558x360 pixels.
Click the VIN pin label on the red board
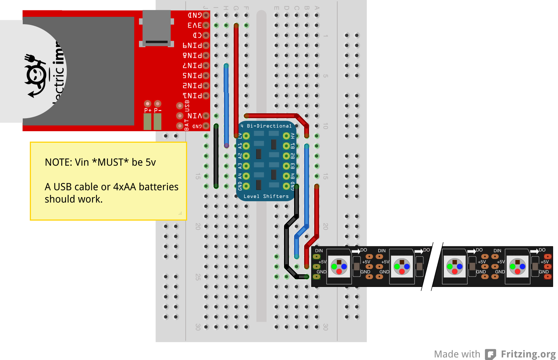pos(195,116)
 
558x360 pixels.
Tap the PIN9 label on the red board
pos(192,45)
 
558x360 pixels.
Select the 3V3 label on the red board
pos(195,25)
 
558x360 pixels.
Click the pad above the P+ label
pos(148,103)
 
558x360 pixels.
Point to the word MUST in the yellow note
pos(110,162)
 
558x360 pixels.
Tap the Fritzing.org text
pos(528,354)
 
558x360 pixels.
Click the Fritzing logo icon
pos(491,354)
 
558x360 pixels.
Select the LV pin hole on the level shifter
pos(246,136)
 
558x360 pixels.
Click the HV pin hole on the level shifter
pos(286,136)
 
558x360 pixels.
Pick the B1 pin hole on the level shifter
pos(286,146)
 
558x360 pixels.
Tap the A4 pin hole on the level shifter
pos(246,176)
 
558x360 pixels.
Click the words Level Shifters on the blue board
pos(266,196)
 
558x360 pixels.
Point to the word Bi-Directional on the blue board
pos(269,126)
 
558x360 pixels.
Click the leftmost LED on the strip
pos(339,266)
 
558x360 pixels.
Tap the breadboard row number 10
pos(325,126)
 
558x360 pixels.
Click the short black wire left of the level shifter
pos(216,157)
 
